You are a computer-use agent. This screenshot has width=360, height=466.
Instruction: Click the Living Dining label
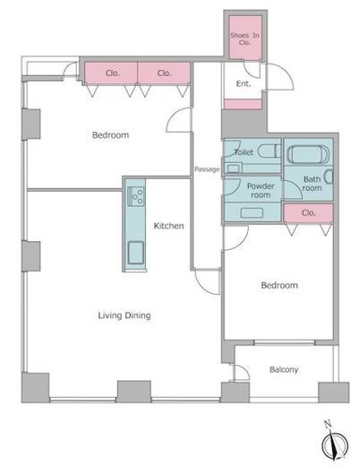pyautogui.click(x=124, y=315)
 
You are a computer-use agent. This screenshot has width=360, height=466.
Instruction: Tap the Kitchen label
pyautogui.click(x=168, y=226)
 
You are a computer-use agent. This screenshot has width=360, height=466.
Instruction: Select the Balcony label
pyautogui.click(x=284, y=370)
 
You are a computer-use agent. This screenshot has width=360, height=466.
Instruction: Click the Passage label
pyautogui.click(x=207, y=169)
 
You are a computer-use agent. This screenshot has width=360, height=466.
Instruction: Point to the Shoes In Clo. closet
pyautogui.click(x=245, y=38)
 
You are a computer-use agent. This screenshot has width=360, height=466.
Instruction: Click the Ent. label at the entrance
pyautogui.click(x=244, y=84)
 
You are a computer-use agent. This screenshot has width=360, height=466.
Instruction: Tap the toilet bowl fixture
pyautogui.click(x=269, y=151)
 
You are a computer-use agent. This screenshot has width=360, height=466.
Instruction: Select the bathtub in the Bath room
pyautogui.click(x=308, y=154)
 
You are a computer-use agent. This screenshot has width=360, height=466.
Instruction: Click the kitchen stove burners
pyautogui.click(x=136, y=196)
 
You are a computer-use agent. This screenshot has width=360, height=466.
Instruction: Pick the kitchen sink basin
pyautogui.click(x=136, y=253)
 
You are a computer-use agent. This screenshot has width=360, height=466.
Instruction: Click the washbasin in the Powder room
pyautogui.click(x=252, y=212)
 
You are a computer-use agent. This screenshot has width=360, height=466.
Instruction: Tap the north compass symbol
pyautogui.click(x=335, y=443)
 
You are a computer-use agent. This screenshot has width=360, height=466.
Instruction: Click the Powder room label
pyautogui.click(x=261, y=191)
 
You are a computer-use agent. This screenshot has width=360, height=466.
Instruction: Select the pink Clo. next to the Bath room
pyautogui.click(x=308, y=213)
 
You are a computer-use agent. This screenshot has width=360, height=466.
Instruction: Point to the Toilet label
pyautogui.click(x=244, y=152)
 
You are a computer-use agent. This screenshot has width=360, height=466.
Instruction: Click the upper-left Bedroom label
pyautogui.click(x=110, y=135)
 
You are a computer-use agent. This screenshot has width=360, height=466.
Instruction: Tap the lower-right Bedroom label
pyautogui.click(x=279, y=285)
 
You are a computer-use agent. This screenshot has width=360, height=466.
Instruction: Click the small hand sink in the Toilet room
pyautogui.click(x=233, y=168)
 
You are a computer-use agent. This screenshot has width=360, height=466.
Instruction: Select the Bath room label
pyautogui.click(x=313, y=184)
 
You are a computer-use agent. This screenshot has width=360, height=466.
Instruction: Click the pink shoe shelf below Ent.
pyautogui.click(x=243, y=104)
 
